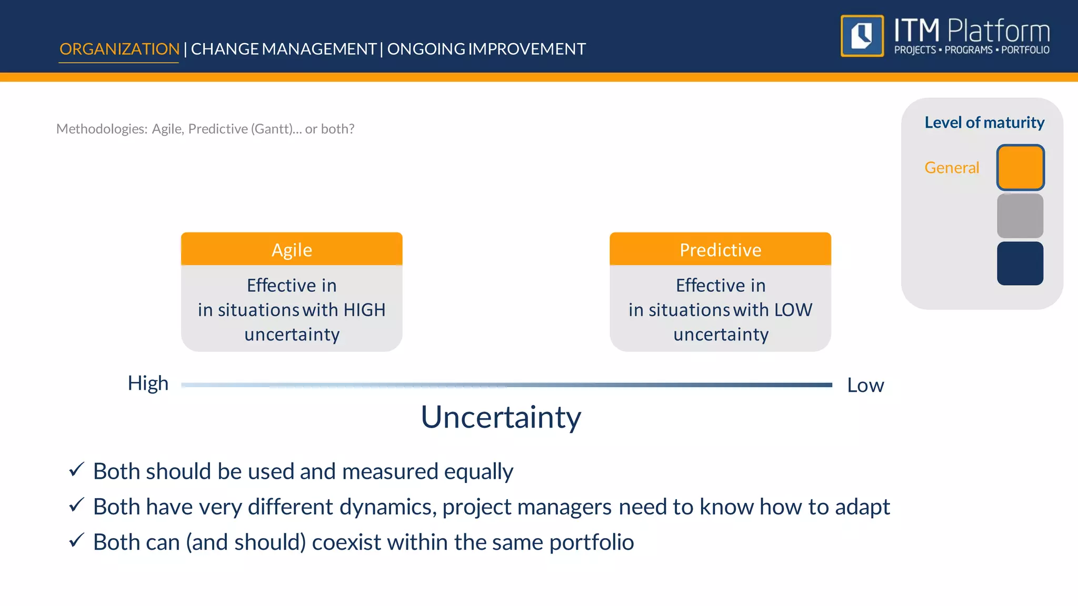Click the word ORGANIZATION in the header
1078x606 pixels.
coord(119,49)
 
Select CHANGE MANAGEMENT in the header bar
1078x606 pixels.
coord(283,49)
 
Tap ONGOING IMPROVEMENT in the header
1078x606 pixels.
coord(486,49)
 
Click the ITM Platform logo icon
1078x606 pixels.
coord(862,36)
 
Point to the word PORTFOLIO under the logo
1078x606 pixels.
coord(1025,50)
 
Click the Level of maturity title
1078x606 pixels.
coord(984,123)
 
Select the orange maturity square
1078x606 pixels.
coord(1020,167)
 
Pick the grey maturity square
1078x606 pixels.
coord(1020,216)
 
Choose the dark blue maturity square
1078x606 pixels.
coord(1020,264)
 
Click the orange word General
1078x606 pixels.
coord(952,167)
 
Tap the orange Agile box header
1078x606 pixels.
coord(292,249)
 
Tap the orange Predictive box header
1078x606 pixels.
coord(720,249)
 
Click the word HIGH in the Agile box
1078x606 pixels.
coord(364,310)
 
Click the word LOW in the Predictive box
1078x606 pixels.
coord(793,310)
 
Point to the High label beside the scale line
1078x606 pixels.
coord(148,383)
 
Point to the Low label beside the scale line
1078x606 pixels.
coord(865,385)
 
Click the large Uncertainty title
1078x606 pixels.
coord(501,417)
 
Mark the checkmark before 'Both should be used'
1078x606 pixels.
coord(76,469)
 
